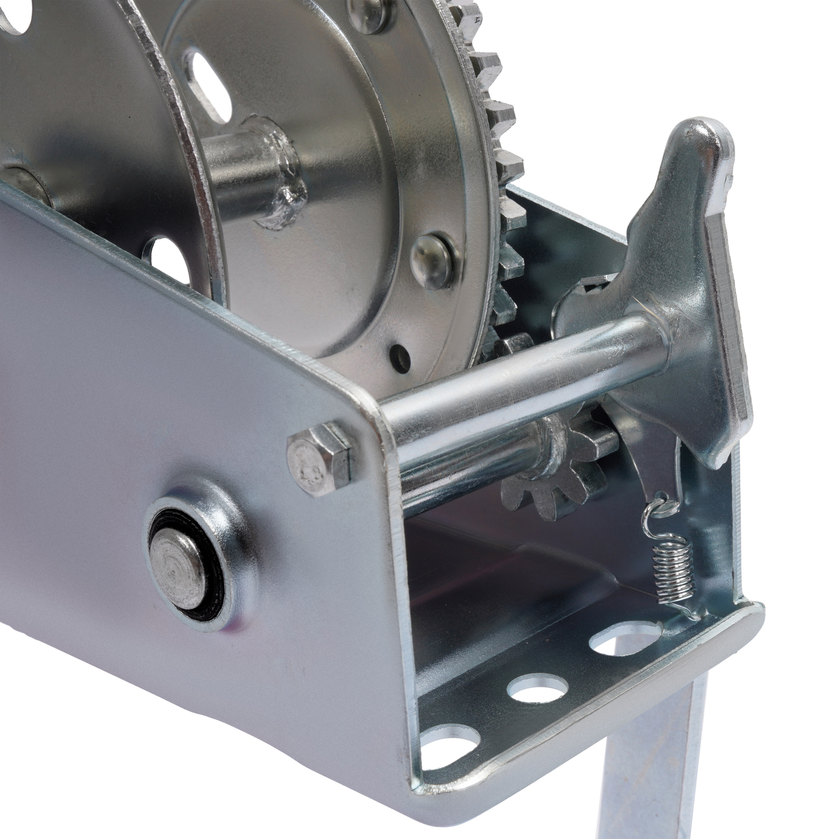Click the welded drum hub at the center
[x=273, y=173]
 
